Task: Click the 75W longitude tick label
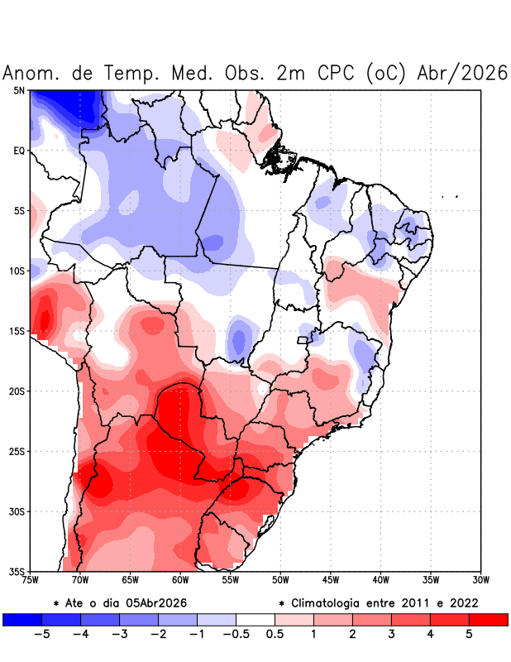point(31,580)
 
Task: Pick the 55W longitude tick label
point(231,580)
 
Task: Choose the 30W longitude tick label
point(481,580)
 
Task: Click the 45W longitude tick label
point(331,580)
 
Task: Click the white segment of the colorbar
point(255,619)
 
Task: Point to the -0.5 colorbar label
point(236,634)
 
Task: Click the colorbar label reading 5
point(469,634)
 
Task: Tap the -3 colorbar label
point(119,634)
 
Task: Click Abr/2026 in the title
point(462,73)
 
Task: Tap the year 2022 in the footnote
point(463,602)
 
